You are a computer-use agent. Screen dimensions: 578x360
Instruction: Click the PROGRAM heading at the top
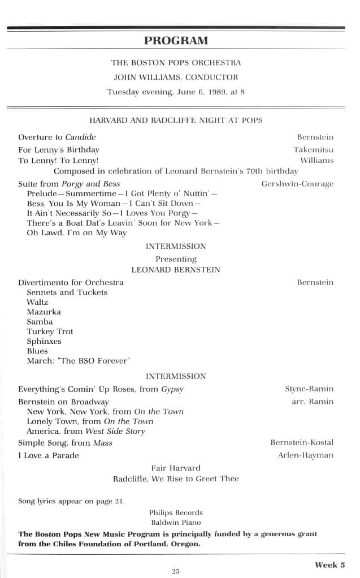pyautogui.click(x=176, y=40)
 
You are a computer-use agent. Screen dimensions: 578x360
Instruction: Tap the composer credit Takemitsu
pyautogui.click(x=313, y=149)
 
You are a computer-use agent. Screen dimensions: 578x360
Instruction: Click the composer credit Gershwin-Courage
pyautogui.click(x=297, y=184)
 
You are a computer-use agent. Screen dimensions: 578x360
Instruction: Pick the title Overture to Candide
pyautogui.click(x=57, y=137)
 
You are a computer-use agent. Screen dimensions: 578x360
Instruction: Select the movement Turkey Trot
pyautogui.click(x=50, y=331)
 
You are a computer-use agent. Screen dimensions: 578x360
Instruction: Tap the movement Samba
pyautogui.click(x=40, y=321)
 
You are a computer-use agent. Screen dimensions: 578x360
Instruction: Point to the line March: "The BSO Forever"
pyautogui.click(x=79, y=360)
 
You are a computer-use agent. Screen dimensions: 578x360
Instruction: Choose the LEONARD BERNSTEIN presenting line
pyautogui.click(x=176, y=269)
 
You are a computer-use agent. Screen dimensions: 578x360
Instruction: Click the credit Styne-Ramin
pyautogui.click(x=309, y=389)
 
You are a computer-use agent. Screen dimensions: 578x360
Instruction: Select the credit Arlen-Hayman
pyautogui.click(x=305, y=455)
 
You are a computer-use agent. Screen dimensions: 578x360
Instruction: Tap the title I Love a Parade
pyautogui.click(x=49, y=455)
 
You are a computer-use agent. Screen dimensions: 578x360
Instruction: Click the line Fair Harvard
pyautogui.click(x=176, y=468)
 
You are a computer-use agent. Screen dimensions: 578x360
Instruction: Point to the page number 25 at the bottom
pyautogui.click(x=175, y=571)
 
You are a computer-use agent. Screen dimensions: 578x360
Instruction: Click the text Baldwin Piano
pyautogui.click(x=176, y=522)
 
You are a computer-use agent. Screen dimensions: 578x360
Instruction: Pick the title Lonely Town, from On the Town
pyautogui.click(x=90, y=421)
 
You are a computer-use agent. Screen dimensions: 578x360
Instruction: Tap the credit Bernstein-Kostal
pyautogui.click(x=302, y=442)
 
